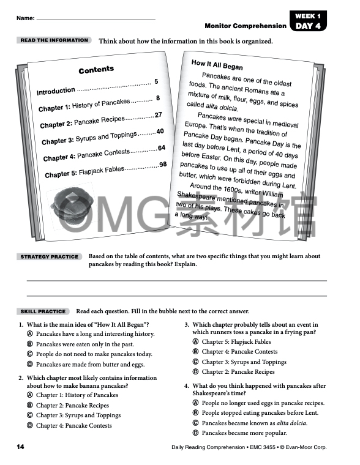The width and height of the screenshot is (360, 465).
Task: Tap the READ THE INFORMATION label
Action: pos(54,40)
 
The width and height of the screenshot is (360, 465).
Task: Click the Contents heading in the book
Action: pos(96,70)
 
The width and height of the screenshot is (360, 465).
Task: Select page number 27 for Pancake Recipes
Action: pos(158,115)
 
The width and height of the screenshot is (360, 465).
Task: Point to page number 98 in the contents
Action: pos(163,165)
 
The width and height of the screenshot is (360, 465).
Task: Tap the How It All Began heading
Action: pos(217,65)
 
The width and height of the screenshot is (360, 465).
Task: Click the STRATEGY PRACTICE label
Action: pos(50,257)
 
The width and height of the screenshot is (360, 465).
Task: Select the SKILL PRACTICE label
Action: pos(43,311)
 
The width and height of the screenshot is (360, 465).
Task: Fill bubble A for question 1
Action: pos(29,335)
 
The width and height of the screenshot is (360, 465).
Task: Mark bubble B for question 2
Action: pos(29,406)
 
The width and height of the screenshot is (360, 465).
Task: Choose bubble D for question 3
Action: pos(195,371)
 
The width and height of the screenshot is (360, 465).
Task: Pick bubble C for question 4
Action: pos(195,423)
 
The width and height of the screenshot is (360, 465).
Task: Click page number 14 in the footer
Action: pos(20,447)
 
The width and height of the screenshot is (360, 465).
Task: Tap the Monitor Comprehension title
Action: pos(246,26)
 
